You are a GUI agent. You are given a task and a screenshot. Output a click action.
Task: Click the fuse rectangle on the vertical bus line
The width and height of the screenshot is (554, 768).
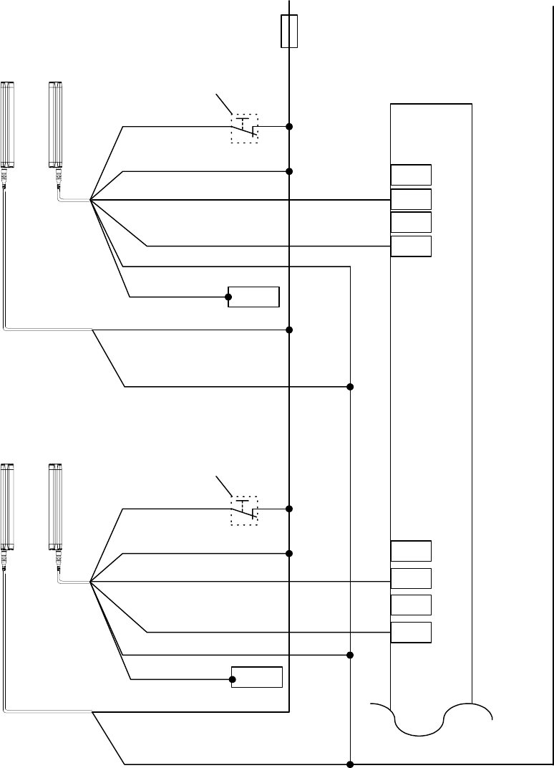click(x=289, y=31)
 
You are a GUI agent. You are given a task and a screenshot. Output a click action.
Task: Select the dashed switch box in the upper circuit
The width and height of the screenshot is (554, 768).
click(x=244, y=128)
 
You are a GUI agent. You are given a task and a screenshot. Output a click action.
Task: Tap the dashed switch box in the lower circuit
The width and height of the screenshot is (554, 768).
click(x=244, y=510)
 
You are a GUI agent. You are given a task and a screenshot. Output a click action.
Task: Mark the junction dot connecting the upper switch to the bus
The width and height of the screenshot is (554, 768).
click(x=289, y=127)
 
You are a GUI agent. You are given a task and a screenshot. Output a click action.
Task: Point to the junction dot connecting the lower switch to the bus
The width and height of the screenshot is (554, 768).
click(x=289, y=509)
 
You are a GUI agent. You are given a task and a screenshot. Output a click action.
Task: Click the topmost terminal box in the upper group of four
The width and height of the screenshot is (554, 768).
click(x=412, y=175)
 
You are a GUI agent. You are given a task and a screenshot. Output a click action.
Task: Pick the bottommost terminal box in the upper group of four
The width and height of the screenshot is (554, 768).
click(x=412, y=246)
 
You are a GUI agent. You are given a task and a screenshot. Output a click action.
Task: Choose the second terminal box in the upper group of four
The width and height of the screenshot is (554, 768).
click(x=412, y=199)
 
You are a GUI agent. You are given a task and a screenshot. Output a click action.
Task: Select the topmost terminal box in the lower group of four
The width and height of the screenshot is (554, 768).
click(x=412, y=551)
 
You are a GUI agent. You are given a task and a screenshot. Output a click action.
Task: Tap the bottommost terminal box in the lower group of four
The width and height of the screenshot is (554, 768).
click(x=412, y=633)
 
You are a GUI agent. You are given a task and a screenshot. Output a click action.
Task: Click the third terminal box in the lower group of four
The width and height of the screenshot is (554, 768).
click(x=412, y=605)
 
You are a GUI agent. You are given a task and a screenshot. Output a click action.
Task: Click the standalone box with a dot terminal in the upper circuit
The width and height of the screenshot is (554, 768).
click(x=253, y=296)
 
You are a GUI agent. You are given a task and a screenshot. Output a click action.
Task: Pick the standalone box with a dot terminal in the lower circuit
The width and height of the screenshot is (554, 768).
click(x=257, y=677)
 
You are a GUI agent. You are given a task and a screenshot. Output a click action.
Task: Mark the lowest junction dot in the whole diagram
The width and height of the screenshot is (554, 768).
click(x=350, y=764)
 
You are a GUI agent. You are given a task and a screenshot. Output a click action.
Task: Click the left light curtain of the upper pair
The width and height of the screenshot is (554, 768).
click(x=8, y=125)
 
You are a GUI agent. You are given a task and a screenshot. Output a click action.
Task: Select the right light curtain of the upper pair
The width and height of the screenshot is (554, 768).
click(x=55, y=125)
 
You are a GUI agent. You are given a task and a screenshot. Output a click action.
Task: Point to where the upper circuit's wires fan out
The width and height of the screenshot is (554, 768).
click(x=91, y=200)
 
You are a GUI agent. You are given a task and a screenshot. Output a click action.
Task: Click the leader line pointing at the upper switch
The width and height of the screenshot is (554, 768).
click(x=224, y=104)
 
